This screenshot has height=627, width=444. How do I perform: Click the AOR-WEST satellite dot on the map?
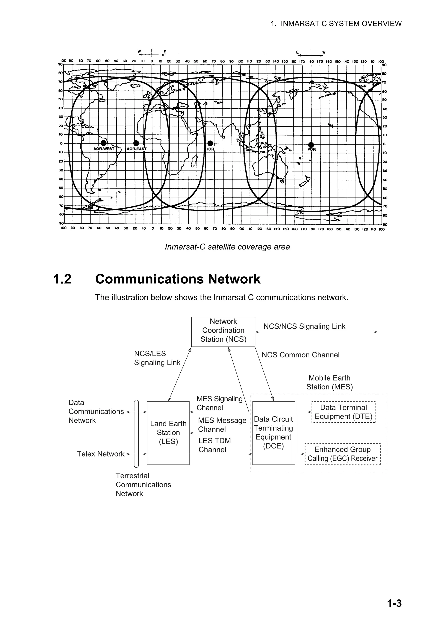(x=104, y=143)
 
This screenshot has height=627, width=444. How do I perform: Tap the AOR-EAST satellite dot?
(x=136, y=143)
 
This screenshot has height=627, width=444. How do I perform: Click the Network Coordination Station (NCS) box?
(x=223, y=331)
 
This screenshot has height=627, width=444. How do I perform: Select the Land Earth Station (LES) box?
(x=168, y=433)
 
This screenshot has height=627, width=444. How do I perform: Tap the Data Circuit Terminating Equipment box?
(x=273, y=433)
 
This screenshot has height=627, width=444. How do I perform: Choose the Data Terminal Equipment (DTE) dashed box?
(x=343, y=412)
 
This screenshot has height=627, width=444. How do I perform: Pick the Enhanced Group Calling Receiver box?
(x=343, y=454)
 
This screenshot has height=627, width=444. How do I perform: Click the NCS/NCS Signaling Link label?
(x=304, y=326)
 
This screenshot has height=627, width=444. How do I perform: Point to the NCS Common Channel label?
(x=300, y=355)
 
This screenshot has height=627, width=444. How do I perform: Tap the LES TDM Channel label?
(x=214, y=445)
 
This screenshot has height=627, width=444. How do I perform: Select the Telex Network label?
(x=100, y=454)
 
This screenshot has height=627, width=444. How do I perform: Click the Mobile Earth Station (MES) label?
(x=329, y=382)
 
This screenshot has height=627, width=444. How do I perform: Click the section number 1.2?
(x=62, y=279)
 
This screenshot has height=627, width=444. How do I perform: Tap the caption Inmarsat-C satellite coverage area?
(x=227, y=247)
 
